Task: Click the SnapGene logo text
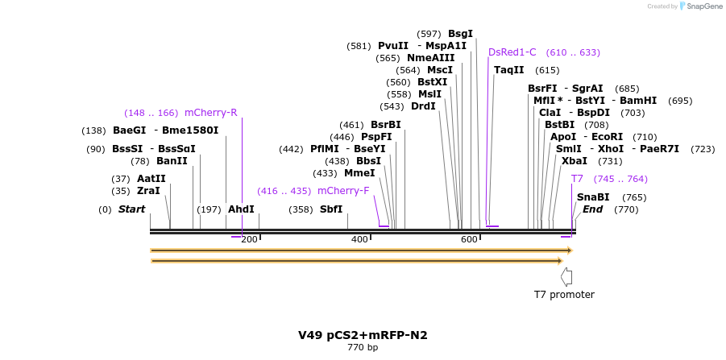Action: click(x=704, y=6)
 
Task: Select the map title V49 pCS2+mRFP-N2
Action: click(x=363, y=335)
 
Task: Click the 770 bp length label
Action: click(x=363, y=348)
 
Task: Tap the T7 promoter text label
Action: click(x=564, y=295)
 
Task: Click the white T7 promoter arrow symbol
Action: click(x=566, y=276)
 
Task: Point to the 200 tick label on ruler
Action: click(x=249, y=239)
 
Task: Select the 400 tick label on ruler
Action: click(x=359, y=239)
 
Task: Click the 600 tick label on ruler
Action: click(x=469, y=239)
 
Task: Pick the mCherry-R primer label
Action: click(x=210, y=113)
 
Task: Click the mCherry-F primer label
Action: click(x=343, y=191)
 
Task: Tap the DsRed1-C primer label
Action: click(x=512, y=52)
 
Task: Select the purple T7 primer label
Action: click(x=577, y=179)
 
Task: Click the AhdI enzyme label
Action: click(x=241, y=209)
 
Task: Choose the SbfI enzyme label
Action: click(x=331, y=209)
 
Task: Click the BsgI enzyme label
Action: click(x=460, y=34)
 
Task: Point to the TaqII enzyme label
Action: click(x=508, y=70)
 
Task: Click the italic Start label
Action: click(x=131, y=209)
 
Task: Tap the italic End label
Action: click(x=592, y=209)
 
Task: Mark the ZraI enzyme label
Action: click(x=148, y=191)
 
